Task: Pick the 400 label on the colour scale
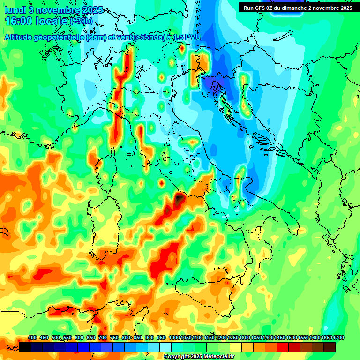32,338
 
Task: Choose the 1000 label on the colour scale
174,338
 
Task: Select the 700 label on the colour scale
103,338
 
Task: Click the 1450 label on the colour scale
280,338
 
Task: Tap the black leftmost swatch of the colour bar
25,347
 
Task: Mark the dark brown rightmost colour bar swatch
330,347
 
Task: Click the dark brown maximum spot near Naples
180,199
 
